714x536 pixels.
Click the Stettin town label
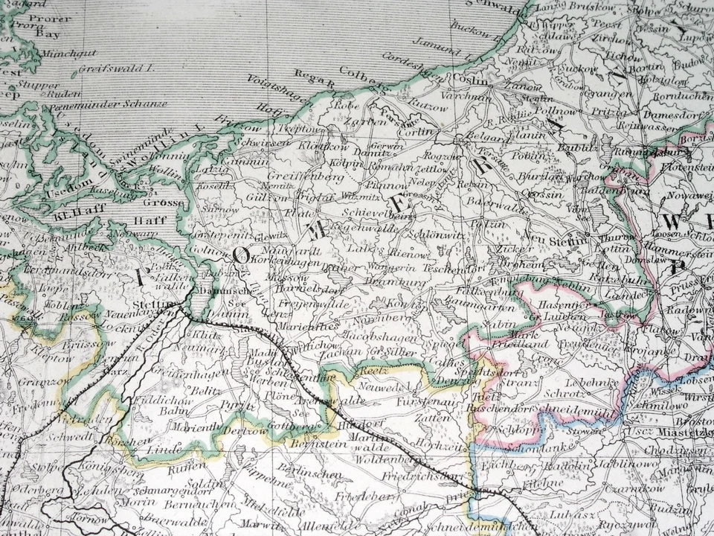coord(149,304)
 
